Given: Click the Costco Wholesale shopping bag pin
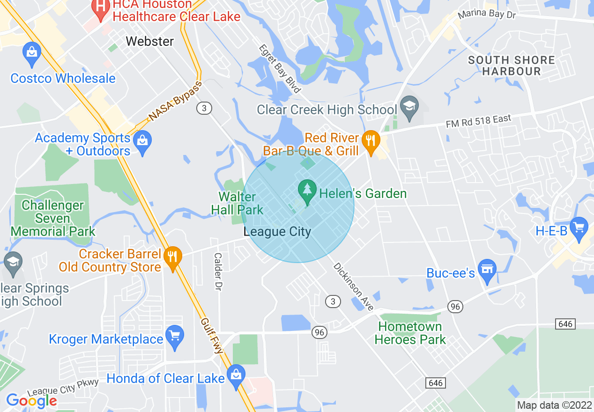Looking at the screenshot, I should [x=32, y=54].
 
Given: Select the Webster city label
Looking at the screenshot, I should [x=150, y=41].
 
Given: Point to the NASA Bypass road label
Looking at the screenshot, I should [x=175, y=101].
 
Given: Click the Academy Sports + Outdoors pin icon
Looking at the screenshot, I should [x=142, y=142].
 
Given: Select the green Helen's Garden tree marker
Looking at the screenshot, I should [x=307, y=192].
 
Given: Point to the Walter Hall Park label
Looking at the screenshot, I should [x=238, y=203].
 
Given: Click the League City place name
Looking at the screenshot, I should [x=277, y=231].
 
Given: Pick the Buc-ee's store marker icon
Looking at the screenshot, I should [x=487, y=271].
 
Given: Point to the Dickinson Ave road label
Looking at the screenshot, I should [x=353, y=287].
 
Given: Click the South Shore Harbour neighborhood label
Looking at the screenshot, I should [x=511, y=66].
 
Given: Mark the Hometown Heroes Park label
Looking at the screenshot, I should [x=410, y=333].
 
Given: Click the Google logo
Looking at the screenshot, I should [x=31, y=400].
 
